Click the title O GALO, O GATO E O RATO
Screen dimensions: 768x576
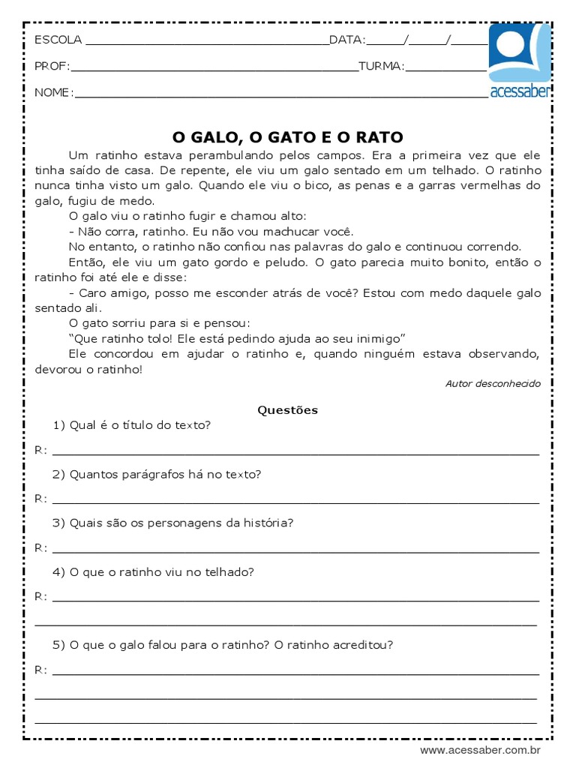pyautogui.click(x=288, y=137)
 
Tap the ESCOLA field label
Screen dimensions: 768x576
pyautogui.click(x=58, y=40)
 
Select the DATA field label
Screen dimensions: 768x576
pyautogui.click(x=346, y=40)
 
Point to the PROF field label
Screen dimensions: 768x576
pyautogui.click(x=52, y=66)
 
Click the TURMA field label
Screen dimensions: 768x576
pyautogui.click(x=381, y=66)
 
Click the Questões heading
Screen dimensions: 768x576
pyautogui.click(x=288, y=410)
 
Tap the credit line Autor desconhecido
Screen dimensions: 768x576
pyautogui.click(x=492, y=383)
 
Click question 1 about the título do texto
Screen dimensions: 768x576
pyautogui.click(x=133, y=425)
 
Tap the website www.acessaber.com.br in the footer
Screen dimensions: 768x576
pyautogui.click(x=480, y=750)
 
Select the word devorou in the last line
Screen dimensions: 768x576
pyautogui.click(x=56, y=369)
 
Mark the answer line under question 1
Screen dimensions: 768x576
pyautogui.click(x=295, y=453)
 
